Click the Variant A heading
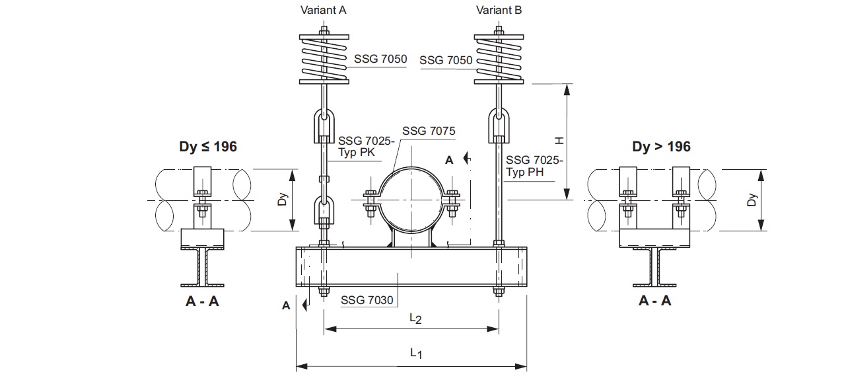coord(323,10)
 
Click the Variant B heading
coord(499,10)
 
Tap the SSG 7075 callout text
coord(429,131)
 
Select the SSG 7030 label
coord(367,300)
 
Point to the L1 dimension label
coord(416,354)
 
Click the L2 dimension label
coord(415,319)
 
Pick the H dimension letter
coord(559,141)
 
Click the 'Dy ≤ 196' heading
coord(208,146)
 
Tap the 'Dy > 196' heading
coord(661,146)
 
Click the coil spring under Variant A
coord(324,59)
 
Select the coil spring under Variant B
coord(499,59)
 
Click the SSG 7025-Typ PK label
coord(366,146)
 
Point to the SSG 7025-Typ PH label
coord(534,166)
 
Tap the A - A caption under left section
coord(202,301)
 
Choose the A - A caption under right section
coord(655,301)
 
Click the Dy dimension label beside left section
coord(282,200)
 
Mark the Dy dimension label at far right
coord(752,200)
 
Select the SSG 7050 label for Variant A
coord(380,59)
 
